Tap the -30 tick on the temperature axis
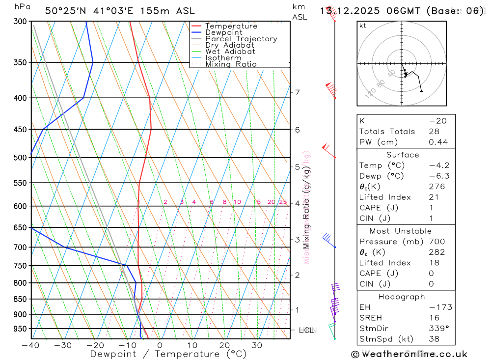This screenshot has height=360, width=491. (x=63, y=345)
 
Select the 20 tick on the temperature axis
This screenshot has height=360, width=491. (x=224, y=345)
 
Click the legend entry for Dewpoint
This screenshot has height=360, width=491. (x=223, y=32)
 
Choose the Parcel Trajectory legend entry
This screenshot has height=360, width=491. (x=241, y=39)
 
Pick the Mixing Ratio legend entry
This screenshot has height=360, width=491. (x=231, y=64)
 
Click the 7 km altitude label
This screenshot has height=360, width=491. (x=298, y=92)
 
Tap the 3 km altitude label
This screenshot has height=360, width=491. (x=298, y=240)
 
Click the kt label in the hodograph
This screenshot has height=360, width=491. (x=363, y=26)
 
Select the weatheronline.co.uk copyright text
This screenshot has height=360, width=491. (x=409, y=354)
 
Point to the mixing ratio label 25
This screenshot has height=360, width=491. (x=283, y=202)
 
